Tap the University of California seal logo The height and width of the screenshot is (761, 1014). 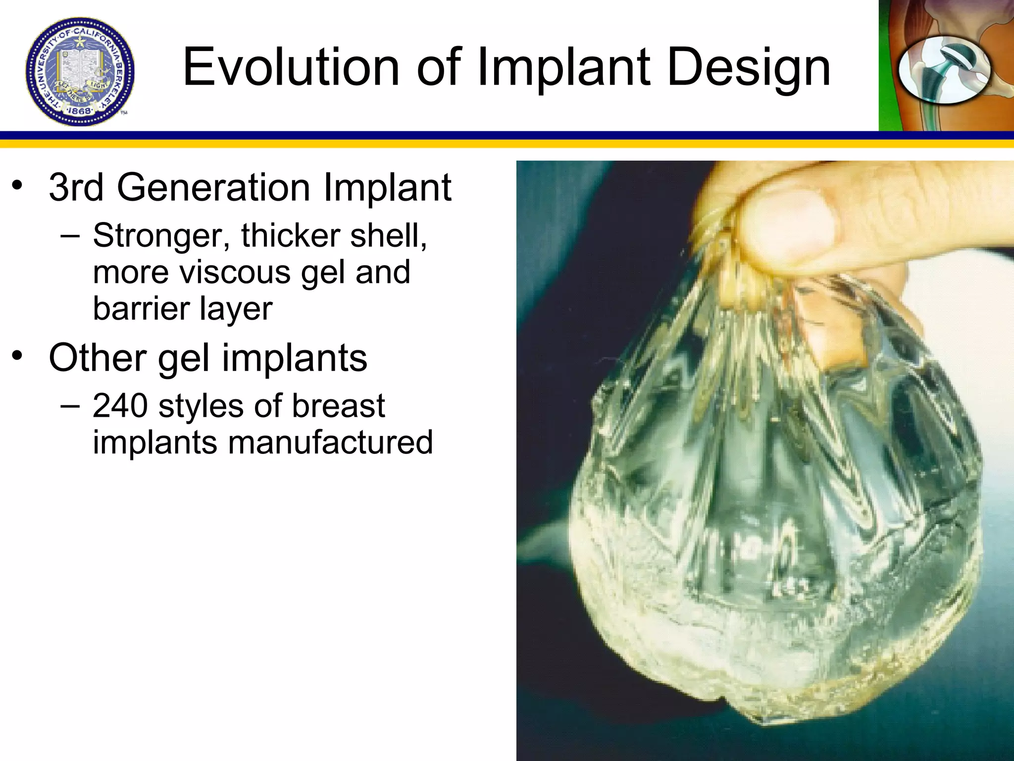(x=80, y=72)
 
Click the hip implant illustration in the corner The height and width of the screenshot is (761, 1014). (x=945, y=69)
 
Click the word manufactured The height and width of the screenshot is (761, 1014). (x=330, y=442)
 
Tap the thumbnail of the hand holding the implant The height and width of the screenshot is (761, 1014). (x=765, y=461)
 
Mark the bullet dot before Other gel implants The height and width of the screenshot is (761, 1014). (x=18, y=356)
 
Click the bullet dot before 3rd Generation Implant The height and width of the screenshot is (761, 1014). (x=18, y=186)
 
